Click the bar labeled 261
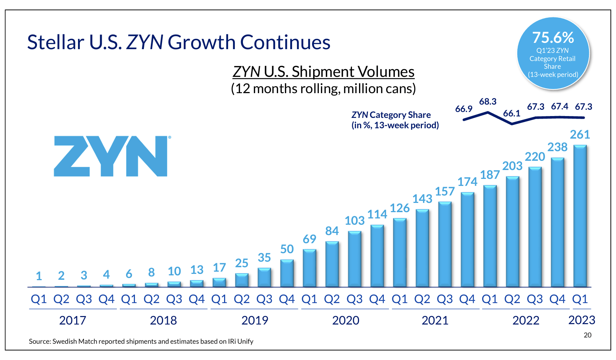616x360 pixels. tap(580, 216)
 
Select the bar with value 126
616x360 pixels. tap(399, 253)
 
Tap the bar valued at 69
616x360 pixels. tap(309, 268)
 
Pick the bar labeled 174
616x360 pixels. tap(467, 240)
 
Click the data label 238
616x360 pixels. tap(557, 147)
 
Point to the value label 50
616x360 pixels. tap(287, 249)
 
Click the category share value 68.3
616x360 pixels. tap(488, 102)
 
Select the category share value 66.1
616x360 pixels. tap(511, 113)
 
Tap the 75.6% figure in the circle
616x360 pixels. tap(553, 38)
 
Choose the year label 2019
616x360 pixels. tap(254, 320)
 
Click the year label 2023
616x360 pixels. tap(582, 320)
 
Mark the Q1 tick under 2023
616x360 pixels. tap(580, 299)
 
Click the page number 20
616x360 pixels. tap(588, 335)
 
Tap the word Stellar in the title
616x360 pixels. tap(55, 42)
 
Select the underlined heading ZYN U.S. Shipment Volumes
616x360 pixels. tap(323, 72)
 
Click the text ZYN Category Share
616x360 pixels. tap(391, 115)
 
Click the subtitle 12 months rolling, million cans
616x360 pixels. tap(323, 89)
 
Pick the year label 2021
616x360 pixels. tap(435, 320)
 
